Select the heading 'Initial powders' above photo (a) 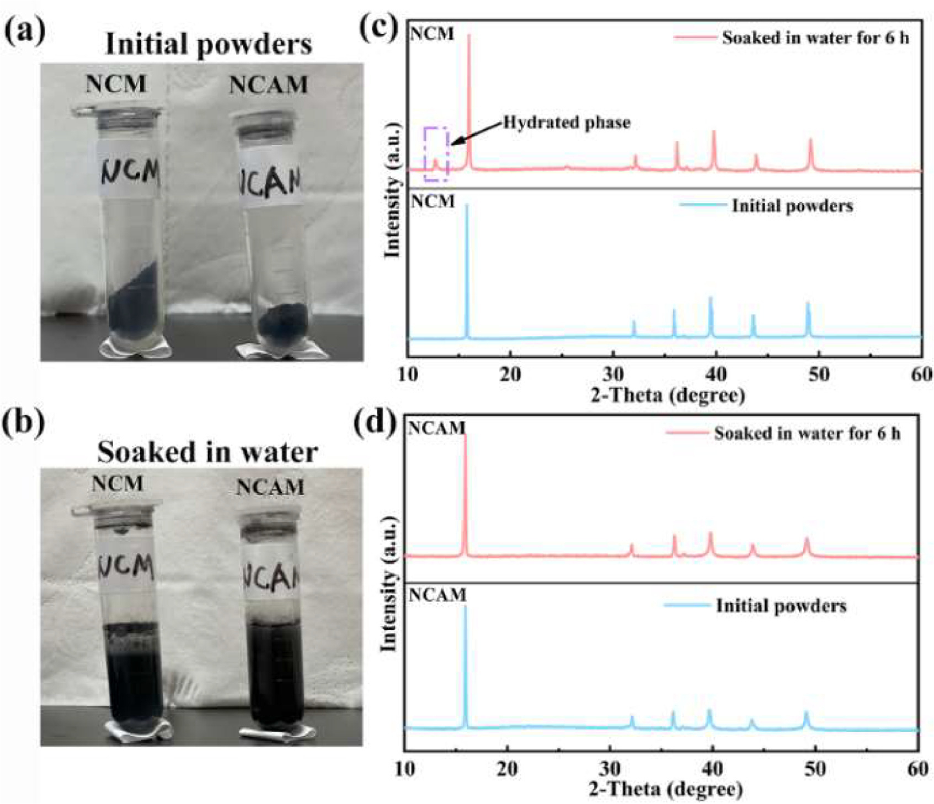209,44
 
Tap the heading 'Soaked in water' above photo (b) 207,452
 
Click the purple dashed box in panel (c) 436,154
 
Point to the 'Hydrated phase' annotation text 567,122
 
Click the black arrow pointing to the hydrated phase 477,134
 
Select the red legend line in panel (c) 693,38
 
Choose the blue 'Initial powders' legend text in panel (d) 781,606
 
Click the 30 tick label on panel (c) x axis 613,375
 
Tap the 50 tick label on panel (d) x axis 815,769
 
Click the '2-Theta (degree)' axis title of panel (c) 668,395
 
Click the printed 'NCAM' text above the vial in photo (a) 268,85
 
